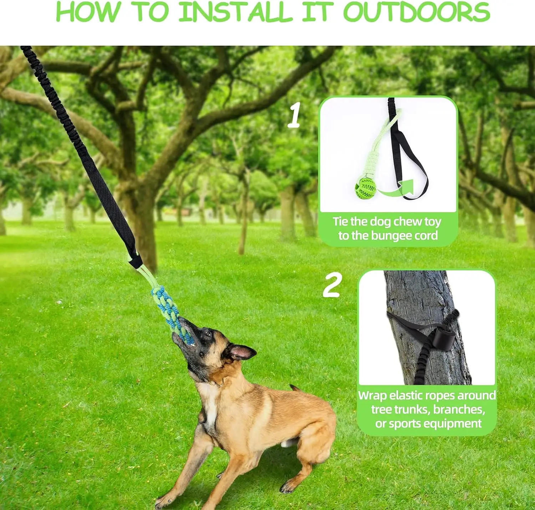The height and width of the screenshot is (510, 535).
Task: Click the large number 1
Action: pyautogui.click(x=294, y=115)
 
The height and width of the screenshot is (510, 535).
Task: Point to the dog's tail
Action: pyautogui.click(x=295, y=388)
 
